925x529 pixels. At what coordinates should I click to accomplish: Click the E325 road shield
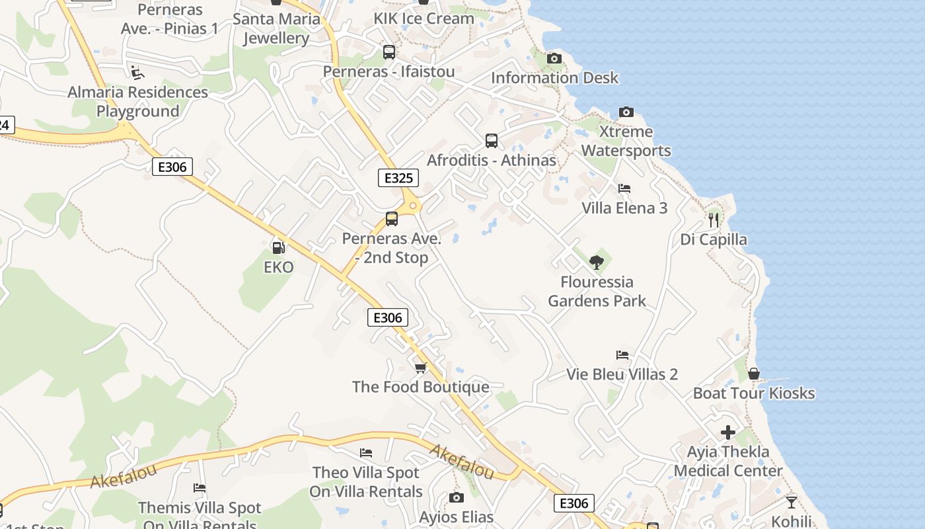[x=398, y=178]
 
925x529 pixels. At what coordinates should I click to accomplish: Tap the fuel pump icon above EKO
[x=279, y=247]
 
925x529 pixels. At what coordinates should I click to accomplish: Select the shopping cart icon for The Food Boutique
[x=420, y=368]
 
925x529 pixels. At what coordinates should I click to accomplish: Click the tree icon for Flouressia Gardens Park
[x=597, y=262]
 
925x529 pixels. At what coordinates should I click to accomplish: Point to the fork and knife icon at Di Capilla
[x=714, y=220]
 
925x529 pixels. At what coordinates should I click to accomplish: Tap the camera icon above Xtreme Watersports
[x=626, y=112]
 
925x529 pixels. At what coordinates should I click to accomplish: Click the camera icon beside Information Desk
[x=554, y=58]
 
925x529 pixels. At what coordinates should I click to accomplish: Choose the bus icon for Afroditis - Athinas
[x=492, y=140]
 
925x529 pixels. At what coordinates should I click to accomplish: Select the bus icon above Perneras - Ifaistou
[x=389, y=52]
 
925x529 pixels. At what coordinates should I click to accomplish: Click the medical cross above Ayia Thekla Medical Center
[x=728, y=432]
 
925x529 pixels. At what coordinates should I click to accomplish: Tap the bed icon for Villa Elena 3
[x=624, y=188]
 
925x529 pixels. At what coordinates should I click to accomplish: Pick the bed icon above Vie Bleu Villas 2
[x=622, y=355]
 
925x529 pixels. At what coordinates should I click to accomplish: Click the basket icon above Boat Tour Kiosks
[x=753, y=374]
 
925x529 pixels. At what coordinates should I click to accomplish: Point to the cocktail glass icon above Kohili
[x=791, y=502]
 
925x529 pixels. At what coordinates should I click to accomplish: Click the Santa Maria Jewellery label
[x=276, y=28]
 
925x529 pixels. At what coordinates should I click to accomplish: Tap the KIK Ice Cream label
[x=424, y=19]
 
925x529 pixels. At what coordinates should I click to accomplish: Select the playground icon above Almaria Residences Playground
[x=137, y=71]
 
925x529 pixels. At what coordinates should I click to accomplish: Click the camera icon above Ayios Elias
[x=456, y=497]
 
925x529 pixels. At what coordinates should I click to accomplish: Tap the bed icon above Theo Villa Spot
[x=366, y=453]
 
